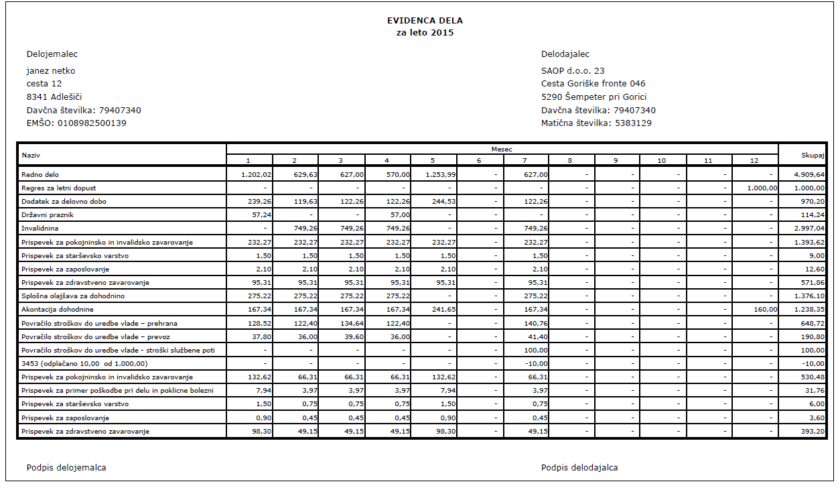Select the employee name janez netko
tap(51, 71)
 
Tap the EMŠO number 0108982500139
tap(76, 123)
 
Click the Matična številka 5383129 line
tap(596, 123)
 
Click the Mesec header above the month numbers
tap(502, 149)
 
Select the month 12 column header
tap(754, 161)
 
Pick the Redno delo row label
tap(41, 174)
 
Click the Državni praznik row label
tap(47, 215)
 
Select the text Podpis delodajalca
tap(579, 468)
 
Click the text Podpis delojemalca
tap(66, 468)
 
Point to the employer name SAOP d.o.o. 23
tap(573, 71)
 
